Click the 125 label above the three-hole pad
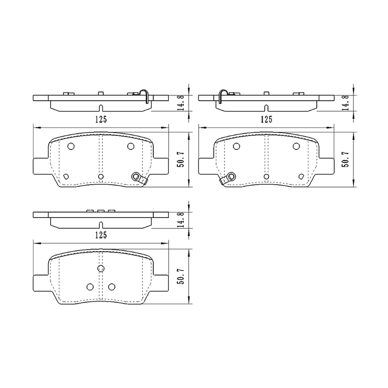tap(101, 235)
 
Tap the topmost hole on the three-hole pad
tap(101, 268)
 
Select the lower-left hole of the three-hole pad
tap(90, 287)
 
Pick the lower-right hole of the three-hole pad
tap(112, 287)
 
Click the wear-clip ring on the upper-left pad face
tap(136, 177)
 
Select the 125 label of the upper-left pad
tap(101, 120)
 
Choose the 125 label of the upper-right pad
tap(266, 120)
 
